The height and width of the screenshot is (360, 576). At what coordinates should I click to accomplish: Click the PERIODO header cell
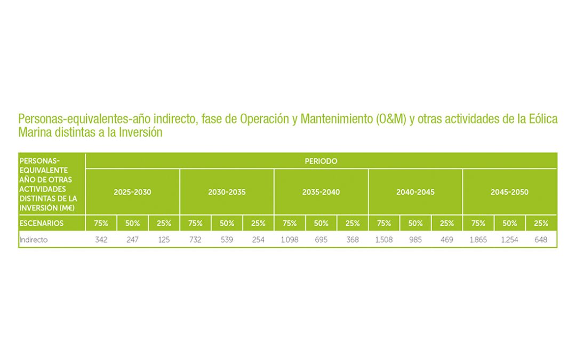(321, 161)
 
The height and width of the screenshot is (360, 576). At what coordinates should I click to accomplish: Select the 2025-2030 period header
(132, 192)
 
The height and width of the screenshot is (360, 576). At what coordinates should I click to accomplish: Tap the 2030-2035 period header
(227, 192)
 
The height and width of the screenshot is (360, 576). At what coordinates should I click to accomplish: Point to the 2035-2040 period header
(321, 192)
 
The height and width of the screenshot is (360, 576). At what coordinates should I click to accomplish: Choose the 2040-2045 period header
(415, 192)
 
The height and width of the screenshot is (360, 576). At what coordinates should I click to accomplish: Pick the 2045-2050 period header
(509, 192)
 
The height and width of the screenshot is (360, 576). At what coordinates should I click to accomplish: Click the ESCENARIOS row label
(42, 223)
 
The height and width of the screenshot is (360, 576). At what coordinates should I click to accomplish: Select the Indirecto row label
(34, 240)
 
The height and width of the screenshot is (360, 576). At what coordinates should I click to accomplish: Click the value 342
(101, 240)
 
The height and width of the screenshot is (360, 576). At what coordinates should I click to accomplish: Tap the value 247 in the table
(132, 240)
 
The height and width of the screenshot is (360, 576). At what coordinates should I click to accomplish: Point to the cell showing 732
(195, 240)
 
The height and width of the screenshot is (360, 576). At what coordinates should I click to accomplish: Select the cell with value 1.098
(290, 240)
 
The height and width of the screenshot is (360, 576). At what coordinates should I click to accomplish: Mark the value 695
(321, 240)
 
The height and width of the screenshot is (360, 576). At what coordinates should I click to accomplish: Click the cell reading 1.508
(383, 240)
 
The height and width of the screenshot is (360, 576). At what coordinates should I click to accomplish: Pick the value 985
(415, 240)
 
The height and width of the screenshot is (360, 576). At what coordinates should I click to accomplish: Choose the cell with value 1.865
(478, 240)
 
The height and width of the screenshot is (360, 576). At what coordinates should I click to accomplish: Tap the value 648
(541, 240)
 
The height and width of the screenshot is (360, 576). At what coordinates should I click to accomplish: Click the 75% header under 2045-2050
(478, 223)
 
